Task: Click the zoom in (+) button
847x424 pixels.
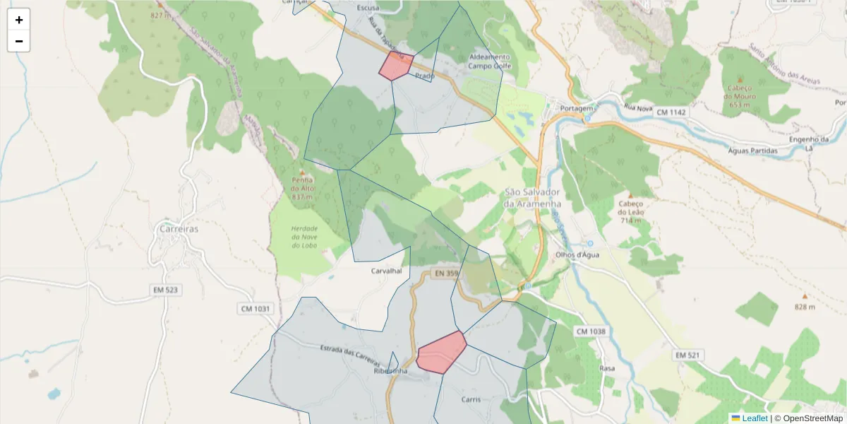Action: coord(19,20)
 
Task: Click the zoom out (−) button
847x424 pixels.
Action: coord(19,41)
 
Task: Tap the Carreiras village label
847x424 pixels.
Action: coord(179,229)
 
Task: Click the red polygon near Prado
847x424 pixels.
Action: coord(396,65)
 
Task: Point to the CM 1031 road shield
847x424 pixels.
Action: coord(254,309)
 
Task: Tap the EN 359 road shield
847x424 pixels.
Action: coord(446,273)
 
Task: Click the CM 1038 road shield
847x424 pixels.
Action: coord(591,331)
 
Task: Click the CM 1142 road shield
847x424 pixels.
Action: coord(671,112)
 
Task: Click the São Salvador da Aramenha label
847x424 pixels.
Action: coord(531,198)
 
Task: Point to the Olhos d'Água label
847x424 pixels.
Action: coord(577,255)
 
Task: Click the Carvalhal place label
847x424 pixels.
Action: coord(386,271)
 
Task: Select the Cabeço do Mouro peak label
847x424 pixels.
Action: coord(739,92)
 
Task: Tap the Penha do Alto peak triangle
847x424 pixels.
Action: coord(303,172)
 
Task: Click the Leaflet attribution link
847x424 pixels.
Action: coord(755,418)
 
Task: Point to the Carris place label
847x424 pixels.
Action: coord(471,399)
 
